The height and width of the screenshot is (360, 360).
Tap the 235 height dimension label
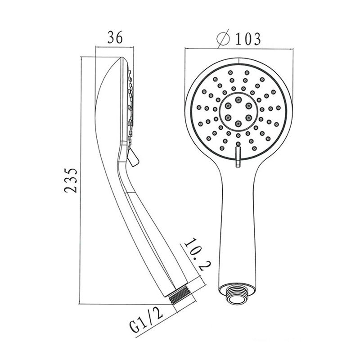(x=71, y=180)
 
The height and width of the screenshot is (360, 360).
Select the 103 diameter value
(x=248, y=39)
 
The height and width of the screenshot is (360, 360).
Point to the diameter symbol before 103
(x=223, y=39)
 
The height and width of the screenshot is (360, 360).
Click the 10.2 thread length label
(x=195, y=254)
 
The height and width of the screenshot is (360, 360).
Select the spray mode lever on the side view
(x=133, y=157)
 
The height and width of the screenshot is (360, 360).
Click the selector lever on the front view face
(x=238, y=157)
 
